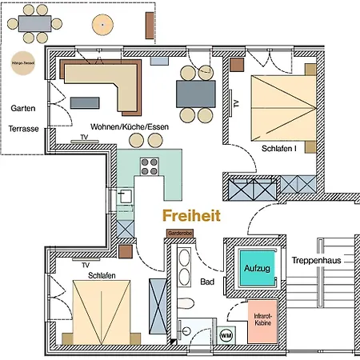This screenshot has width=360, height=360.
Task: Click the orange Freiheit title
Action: (191, 215)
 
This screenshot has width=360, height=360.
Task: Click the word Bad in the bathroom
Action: (207, 282)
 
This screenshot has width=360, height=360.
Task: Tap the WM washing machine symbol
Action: (226, 334)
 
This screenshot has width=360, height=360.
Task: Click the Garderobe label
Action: (179, 233)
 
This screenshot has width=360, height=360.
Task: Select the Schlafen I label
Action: (281, 150)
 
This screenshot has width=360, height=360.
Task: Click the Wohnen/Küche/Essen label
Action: (130, 127)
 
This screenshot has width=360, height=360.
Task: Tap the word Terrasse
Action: (24, 127)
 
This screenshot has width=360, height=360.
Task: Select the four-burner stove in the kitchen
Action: (150, 166)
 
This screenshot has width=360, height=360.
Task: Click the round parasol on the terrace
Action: (102, 25)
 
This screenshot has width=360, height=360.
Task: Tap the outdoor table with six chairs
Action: (37, 26)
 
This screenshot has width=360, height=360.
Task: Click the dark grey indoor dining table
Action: (194, 94)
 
